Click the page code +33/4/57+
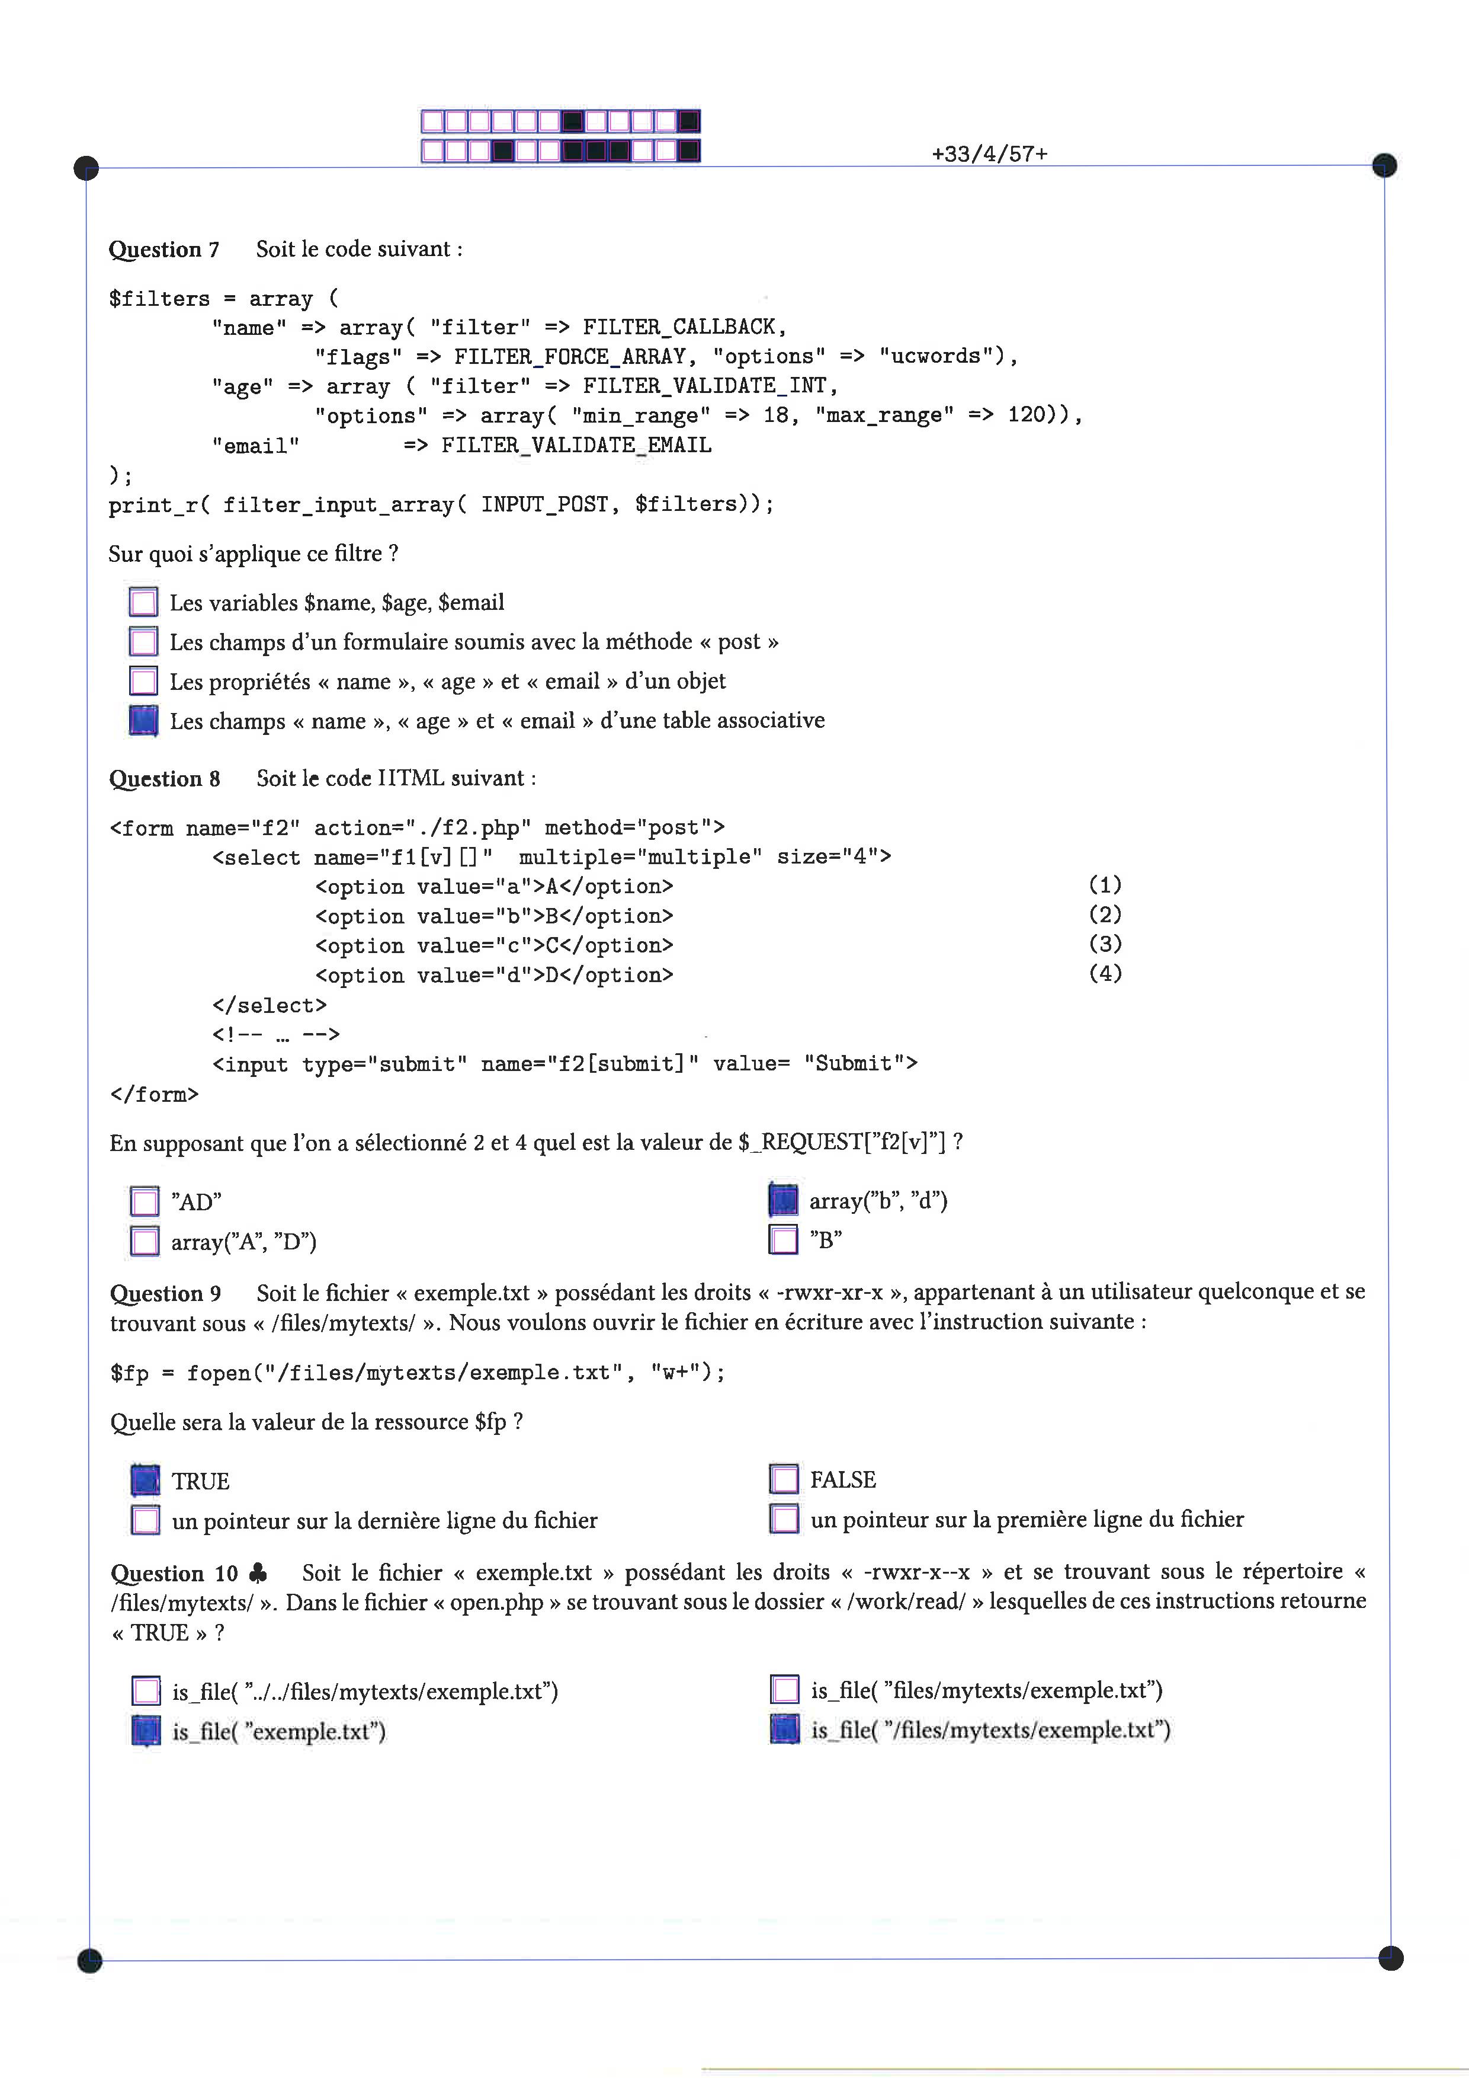990,154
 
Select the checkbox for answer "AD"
145,1202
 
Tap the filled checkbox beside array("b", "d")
783,1200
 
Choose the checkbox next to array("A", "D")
145,1241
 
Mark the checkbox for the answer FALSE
784,1479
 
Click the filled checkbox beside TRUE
146,1481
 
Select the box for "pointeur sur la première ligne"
784,1518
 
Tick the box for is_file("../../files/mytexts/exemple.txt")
146,1690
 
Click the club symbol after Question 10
258,1573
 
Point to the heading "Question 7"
163,250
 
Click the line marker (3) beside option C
1105,944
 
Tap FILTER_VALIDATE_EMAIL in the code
576,445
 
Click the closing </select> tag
270,1005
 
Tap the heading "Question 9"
165,1293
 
